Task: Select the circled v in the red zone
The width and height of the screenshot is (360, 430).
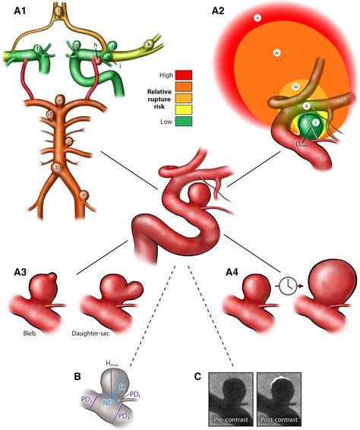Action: (257, 17)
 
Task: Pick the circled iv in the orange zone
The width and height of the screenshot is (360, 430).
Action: (276, 52)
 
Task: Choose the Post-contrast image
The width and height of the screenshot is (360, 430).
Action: (278, 395)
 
